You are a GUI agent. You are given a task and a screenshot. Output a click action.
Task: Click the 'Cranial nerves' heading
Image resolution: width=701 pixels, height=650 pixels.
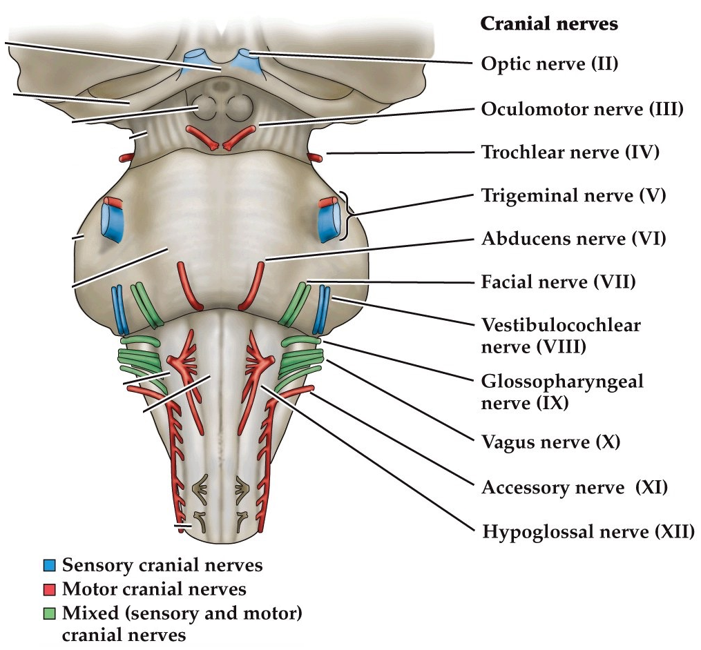click(548, 24)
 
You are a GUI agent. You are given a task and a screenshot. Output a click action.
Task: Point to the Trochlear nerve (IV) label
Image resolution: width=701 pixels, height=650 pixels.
click(570, 152)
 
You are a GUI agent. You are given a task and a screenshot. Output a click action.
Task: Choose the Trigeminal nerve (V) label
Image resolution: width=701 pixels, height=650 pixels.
click(573, 196)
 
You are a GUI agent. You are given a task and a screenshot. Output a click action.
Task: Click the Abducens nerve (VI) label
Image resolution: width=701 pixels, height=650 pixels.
click(573, 239)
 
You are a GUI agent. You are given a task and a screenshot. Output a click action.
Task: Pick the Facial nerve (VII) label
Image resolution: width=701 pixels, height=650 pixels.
click(557, 282)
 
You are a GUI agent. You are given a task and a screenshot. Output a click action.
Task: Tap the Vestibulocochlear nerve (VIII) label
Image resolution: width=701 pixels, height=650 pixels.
click(560, 335)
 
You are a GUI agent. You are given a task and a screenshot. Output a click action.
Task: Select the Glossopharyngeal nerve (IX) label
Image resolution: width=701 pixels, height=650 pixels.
click(561, 391)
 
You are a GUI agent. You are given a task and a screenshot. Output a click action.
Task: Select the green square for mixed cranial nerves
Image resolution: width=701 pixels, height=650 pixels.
click(48, 613)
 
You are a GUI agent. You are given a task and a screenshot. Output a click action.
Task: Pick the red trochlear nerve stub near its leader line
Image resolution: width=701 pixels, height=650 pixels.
click(315, 158)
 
